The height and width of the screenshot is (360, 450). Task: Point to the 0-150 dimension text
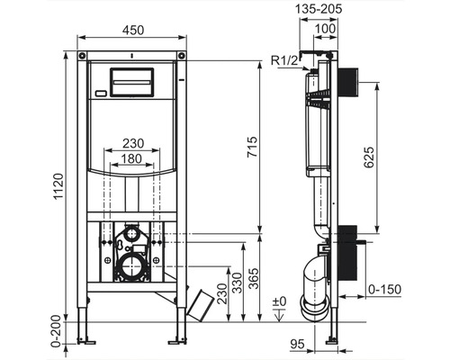(389, 290)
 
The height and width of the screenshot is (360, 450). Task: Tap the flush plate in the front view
(132, 81)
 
